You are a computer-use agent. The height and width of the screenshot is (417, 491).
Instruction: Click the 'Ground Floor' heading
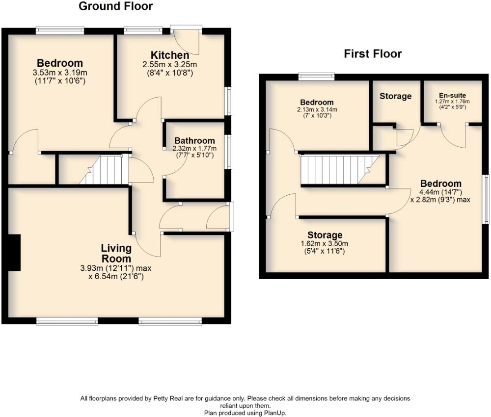(115, 6)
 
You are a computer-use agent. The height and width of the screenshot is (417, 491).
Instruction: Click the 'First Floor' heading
(372, 54)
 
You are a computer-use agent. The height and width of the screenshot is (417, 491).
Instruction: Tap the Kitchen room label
(169, 55)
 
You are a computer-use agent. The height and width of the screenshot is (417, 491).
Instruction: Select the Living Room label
(116, 253)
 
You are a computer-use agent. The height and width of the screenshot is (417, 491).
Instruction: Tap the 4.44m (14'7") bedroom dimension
(440, 192)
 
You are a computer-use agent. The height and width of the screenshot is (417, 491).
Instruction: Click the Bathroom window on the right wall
(229, 152)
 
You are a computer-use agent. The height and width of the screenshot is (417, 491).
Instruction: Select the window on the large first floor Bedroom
(486, 199)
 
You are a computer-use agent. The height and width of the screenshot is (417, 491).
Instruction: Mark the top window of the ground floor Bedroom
(59, 30)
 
